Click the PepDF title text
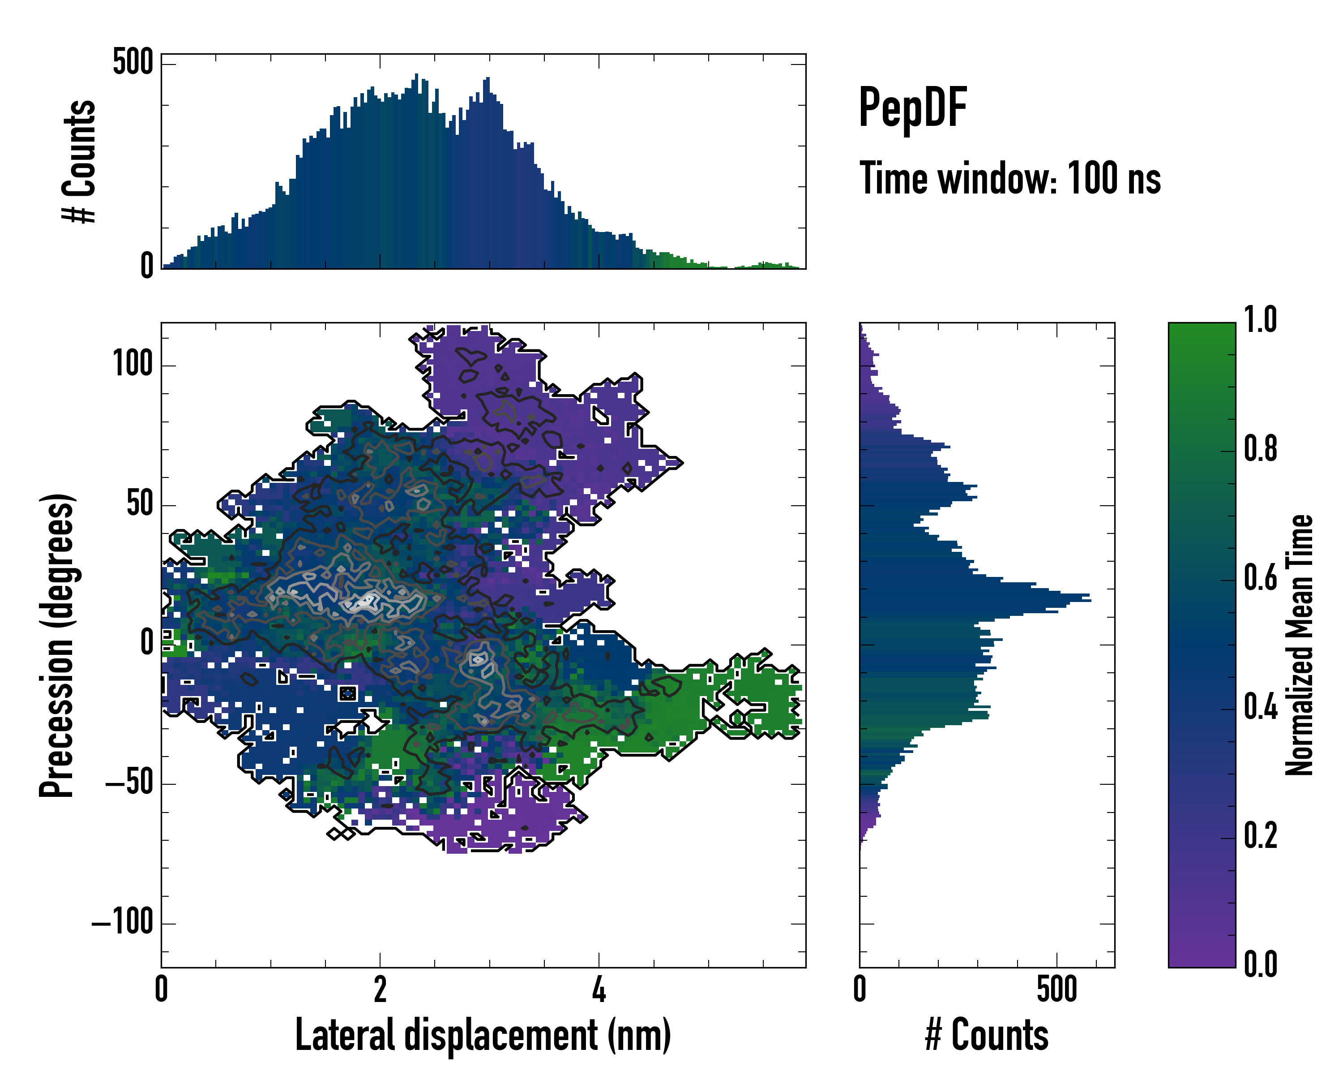tap(912, 108)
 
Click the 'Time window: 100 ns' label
tap(1010, 179)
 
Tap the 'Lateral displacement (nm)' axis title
tap(483, 1035)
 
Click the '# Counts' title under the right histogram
tap(987, 1035)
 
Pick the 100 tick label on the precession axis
tap(133, 363)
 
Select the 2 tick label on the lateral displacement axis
tap(380, 989)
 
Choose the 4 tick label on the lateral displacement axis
tap(599, 989)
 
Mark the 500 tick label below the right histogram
tap(1057, 989)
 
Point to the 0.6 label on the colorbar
tap(1260, 578)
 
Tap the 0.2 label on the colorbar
tap(1260, 836)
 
